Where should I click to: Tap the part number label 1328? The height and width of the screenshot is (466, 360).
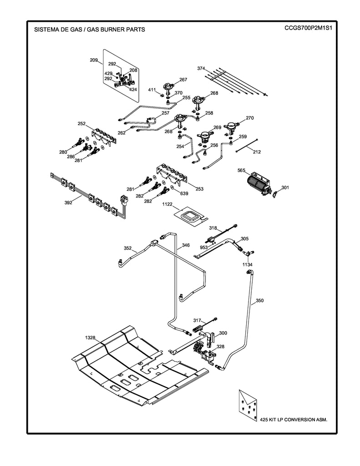(90, 337)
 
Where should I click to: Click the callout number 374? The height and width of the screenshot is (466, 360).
(201, 68)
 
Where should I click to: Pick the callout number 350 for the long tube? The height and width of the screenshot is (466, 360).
(259, 300)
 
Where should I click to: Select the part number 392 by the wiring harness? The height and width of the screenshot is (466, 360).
(68, 203)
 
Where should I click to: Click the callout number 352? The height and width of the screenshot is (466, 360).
(128, 248)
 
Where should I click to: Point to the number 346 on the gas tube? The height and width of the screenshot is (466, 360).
(186, 245)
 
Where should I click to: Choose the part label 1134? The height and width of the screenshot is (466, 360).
(248, 264)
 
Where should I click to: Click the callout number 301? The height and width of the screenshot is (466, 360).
(285, 187)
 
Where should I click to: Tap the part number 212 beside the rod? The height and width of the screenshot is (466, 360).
(257, 152)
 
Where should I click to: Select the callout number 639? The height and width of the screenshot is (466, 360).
(184, 193)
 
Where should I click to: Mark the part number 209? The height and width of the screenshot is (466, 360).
(94, 60)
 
